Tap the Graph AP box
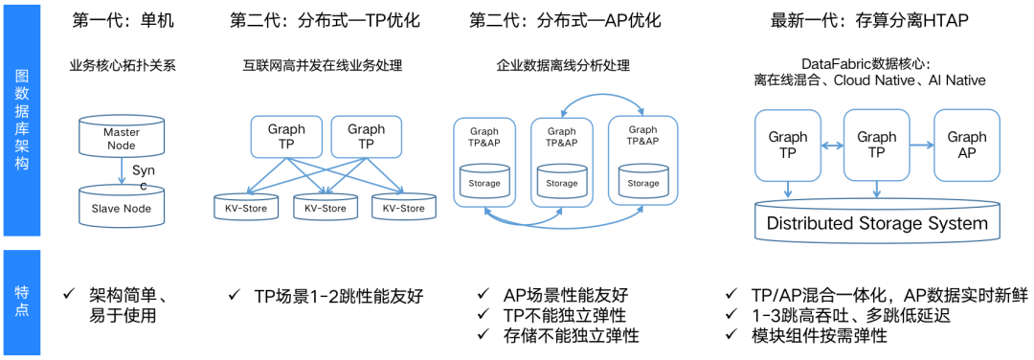[966, 145]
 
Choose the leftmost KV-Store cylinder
[246, 206]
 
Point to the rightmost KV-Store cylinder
[403, 206]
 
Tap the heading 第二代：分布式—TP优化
[323, 20]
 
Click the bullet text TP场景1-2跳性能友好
[338, 296]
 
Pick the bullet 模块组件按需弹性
[820, 335]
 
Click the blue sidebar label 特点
[21, 303]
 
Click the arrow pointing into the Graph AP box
[918, 146]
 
